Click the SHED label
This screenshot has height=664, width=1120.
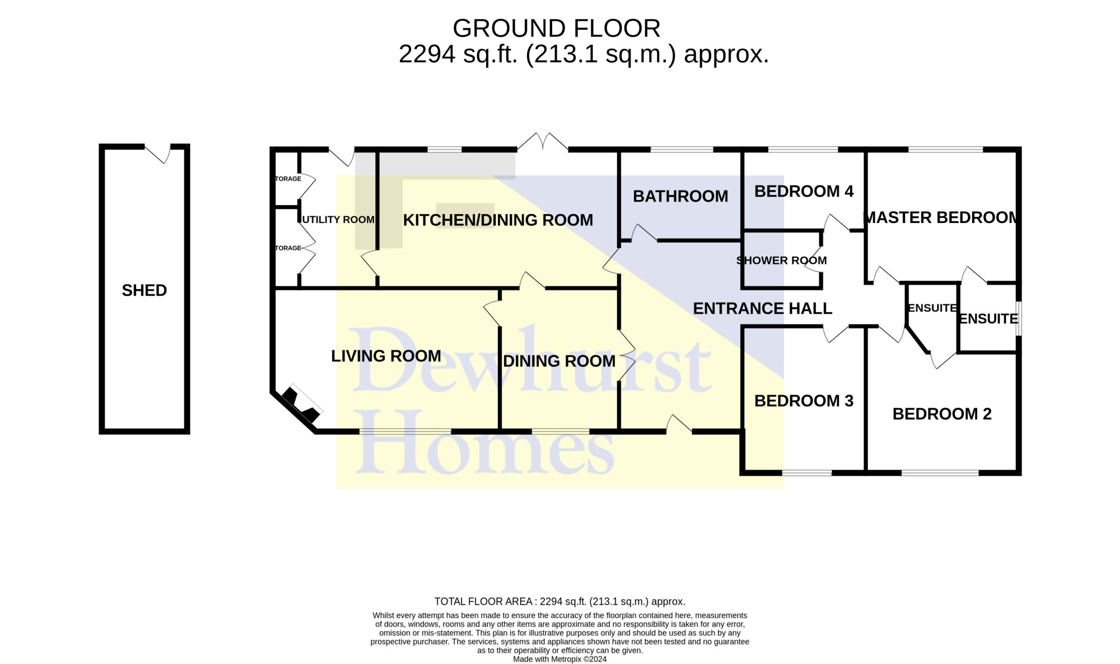click(x=144, y=290)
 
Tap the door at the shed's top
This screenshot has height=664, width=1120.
click(x=158, y=152)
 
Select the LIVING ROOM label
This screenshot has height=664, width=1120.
click(x=386, y=356)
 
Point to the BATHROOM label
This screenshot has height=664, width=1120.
click(x=680, y=196)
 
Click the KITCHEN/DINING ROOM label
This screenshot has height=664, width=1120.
click(x=498, y=220)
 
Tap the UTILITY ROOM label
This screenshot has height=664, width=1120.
click(x=338, y=220)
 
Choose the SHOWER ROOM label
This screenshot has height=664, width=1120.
click(x=781, y=261)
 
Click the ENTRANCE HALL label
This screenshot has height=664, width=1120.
click(x=762, y=308)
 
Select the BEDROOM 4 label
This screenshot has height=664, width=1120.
click(x=804, y=191)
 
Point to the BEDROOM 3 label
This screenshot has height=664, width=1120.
click(x=804, y=401)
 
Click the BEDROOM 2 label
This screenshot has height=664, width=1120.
click(x=942, y=414)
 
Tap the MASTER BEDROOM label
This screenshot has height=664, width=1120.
click(x=941, y=217)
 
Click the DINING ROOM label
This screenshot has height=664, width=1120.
click(x=559, y=361)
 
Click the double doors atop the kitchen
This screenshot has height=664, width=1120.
click(x=543, y=142)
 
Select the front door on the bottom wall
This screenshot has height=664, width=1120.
click(x=679, y=424)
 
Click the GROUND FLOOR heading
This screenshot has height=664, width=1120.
click(x=557, y=28)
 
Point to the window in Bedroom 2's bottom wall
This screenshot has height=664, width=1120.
click(x=940, y=473)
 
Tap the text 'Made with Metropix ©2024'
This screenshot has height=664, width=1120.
click(x=560, y=660)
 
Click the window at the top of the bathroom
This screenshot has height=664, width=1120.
click(x=682, y=150)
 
